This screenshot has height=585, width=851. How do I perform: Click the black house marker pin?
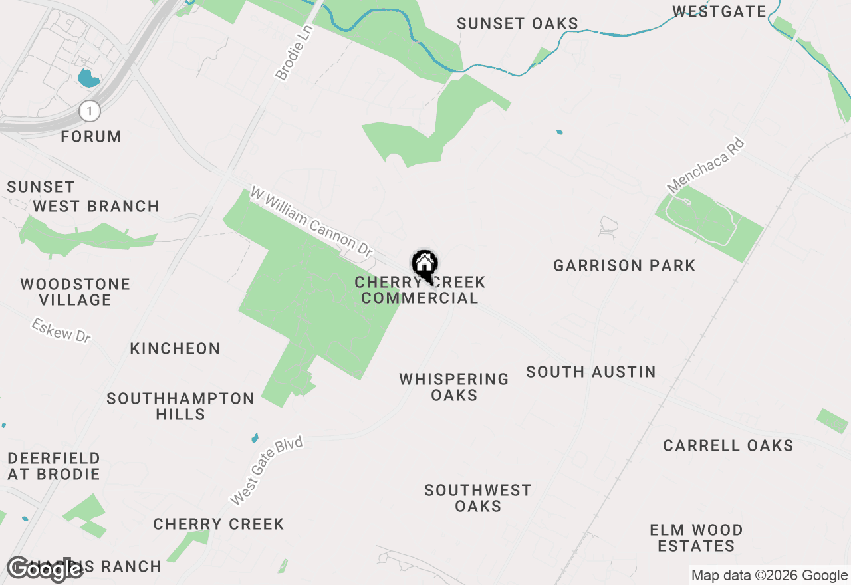424,265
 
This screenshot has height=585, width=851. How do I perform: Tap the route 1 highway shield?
89,110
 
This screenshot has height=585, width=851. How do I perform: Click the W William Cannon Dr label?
312,222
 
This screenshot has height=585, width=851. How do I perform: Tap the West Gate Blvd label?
266,470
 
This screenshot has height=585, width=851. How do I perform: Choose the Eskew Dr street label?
61,330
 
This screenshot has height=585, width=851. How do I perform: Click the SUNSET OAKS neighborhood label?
517,24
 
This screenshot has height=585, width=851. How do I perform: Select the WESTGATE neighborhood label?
719,11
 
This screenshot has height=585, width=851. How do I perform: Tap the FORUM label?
91,137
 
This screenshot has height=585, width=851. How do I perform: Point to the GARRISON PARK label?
624,266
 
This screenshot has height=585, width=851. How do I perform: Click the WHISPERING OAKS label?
454,387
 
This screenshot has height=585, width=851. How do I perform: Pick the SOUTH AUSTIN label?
591,372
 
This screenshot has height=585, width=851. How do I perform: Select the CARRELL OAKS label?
728,445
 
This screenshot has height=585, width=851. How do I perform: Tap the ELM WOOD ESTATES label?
696,538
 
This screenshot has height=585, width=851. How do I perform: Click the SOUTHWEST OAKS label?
478,498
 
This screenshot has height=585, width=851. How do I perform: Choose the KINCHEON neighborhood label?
175,349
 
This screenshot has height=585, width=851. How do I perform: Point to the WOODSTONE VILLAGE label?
75,292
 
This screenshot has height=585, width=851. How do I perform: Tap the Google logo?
45,569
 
